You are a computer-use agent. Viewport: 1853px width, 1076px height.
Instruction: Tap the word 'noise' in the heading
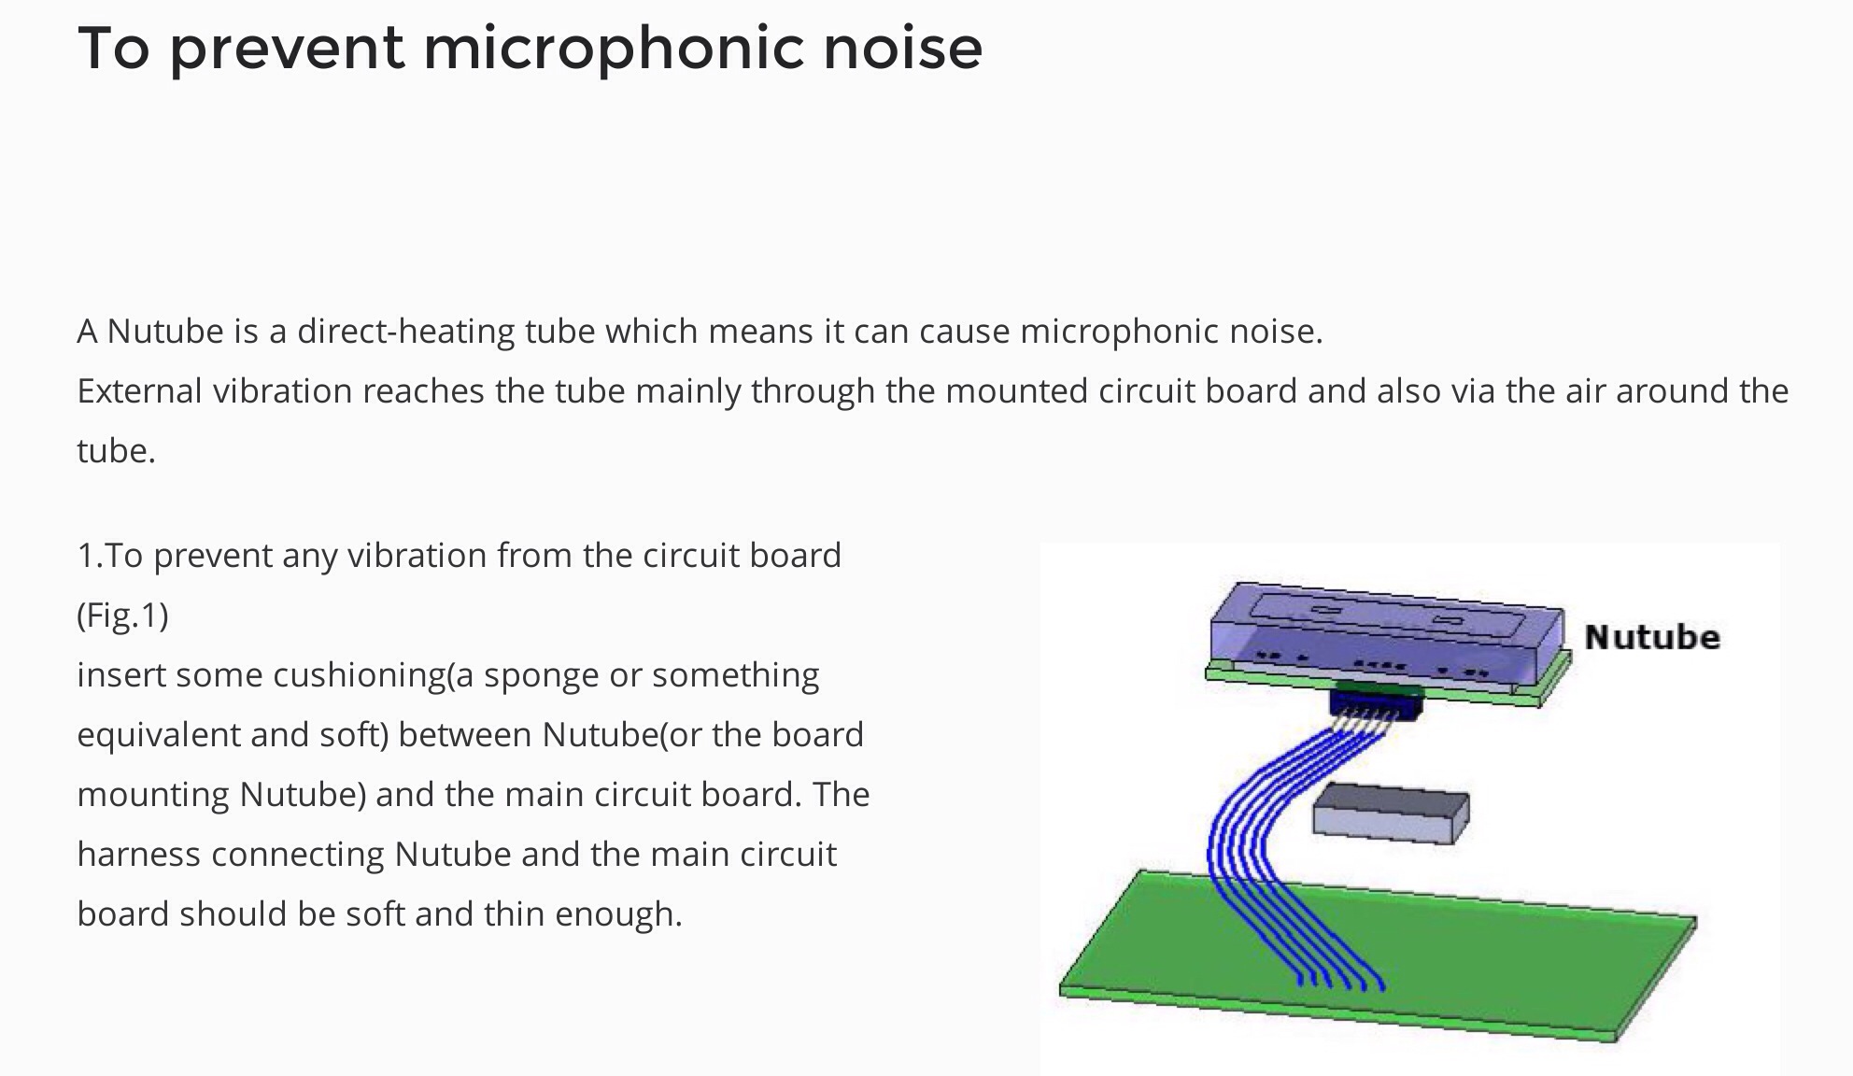pyautogui.click(x=902, y=48)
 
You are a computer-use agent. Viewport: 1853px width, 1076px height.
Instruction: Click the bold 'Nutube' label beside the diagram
pyautogui.click(x=1652, y=637)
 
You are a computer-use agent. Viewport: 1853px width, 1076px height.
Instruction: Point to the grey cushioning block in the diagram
pyautogui.click(x=1391, y=813)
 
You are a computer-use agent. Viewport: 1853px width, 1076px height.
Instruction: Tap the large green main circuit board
pyautogui.click(x=1378, y=953)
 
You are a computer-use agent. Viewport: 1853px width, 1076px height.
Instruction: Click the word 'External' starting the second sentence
pyautogui.click(x=139, y=391)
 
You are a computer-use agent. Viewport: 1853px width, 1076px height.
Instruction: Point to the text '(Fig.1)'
pyautogui.click(x=122, y=616)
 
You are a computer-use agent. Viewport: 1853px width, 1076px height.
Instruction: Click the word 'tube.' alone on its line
pyautogui.click(x=116, y=451)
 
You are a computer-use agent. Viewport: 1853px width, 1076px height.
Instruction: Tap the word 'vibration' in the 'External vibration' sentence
pyautogui.click(x=282, y=391)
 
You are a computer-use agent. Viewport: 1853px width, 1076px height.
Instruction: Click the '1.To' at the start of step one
pyautogui.click(x=109, y=556)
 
